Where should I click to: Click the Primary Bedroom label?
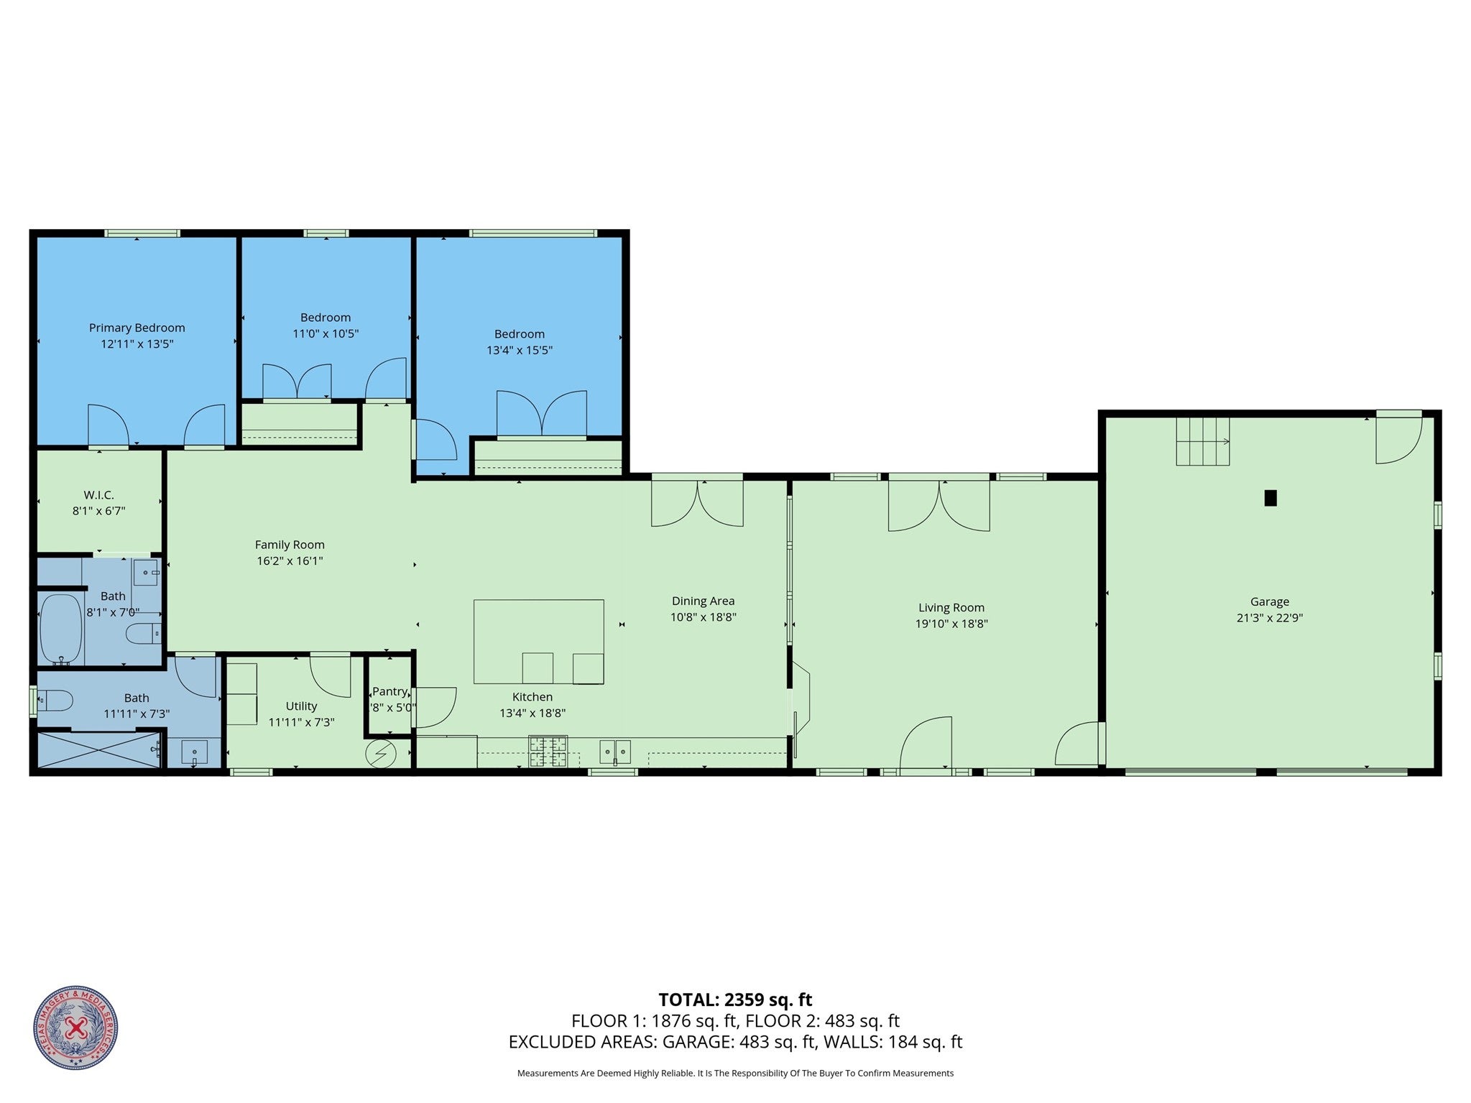click(137, 328)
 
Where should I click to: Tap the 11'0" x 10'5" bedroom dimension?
click(325, 333)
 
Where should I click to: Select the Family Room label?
click(290, 545)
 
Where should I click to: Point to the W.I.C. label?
click(98, 495)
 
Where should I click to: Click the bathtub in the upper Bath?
click(60, 627)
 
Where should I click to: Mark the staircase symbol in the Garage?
click(1202, 442)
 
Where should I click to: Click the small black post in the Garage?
click(1270, 498)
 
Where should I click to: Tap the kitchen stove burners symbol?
click(548, 752)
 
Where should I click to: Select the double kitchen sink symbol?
click(615, 752)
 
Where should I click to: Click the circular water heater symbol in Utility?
click(381, 754)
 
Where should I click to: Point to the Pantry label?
click(389, 691)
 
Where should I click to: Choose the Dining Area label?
click(703, 601)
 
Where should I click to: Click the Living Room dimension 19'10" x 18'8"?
click(951, 624)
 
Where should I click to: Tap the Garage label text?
click(1269, 601)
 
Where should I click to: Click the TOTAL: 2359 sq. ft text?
click(735, 1000)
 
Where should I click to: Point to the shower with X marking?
click(98, 749)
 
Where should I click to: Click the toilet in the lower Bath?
click(56, 701)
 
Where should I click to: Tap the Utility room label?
click(301, 706)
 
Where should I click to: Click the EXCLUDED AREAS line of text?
click(735, 1042)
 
